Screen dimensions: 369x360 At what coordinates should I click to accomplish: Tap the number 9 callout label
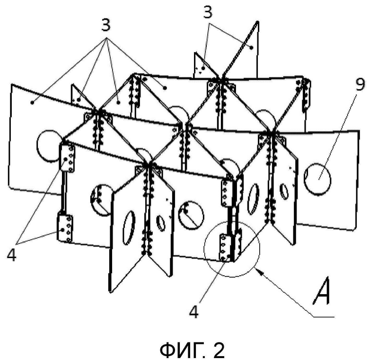360,85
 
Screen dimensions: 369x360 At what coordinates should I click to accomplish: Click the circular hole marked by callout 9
317,179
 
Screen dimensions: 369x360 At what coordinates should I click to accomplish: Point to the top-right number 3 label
208,12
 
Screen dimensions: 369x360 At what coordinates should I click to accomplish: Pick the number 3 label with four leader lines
105,25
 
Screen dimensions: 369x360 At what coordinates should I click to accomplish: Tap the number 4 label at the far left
11,254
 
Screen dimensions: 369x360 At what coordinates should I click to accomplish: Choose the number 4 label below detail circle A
193,312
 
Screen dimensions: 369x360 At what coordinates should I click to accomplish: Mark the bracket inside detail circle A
224,247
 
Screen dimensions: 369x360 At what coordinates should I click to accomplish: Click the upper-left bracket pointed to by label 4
68,158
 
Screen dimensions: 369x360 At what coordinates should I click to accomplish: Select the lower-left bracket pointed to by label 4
65,227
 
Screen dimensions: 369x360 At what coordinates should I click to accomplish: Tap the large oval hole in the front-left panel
129,227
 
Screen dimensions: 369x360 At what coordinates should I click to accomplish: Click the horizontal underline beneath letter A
323,316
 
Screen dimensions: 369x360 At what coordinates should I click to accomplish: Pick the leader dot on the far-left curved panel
32,102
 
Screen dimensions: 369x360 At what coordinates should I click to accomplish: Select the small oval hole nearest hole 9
284,191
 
